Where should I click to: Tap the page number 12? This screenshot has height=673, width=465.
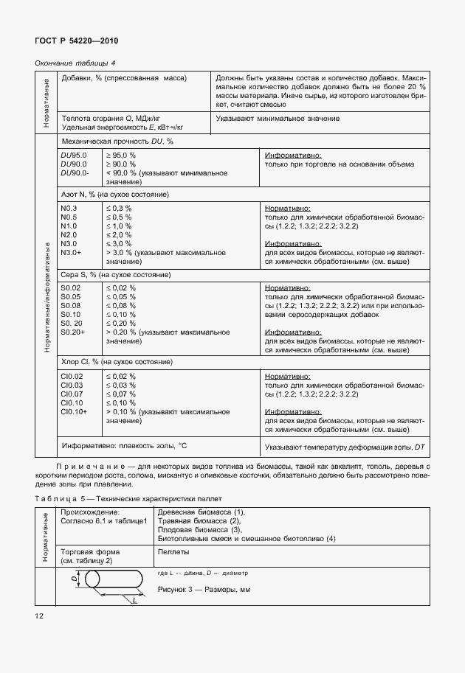tap(38, 615)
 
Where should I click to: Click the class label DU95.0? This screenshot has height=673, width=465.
tap(74, 155)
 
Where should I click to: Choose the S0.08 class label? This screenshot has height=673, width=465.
tap(70, 305)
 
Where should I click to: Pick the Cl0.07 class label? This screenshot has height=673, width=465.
tap(72, 394)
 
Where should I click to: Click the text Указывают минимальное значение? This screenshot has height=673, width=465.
tap(278, 118)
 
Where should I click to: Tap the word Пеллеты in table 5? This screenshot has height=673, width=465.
tap(173, 551)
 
